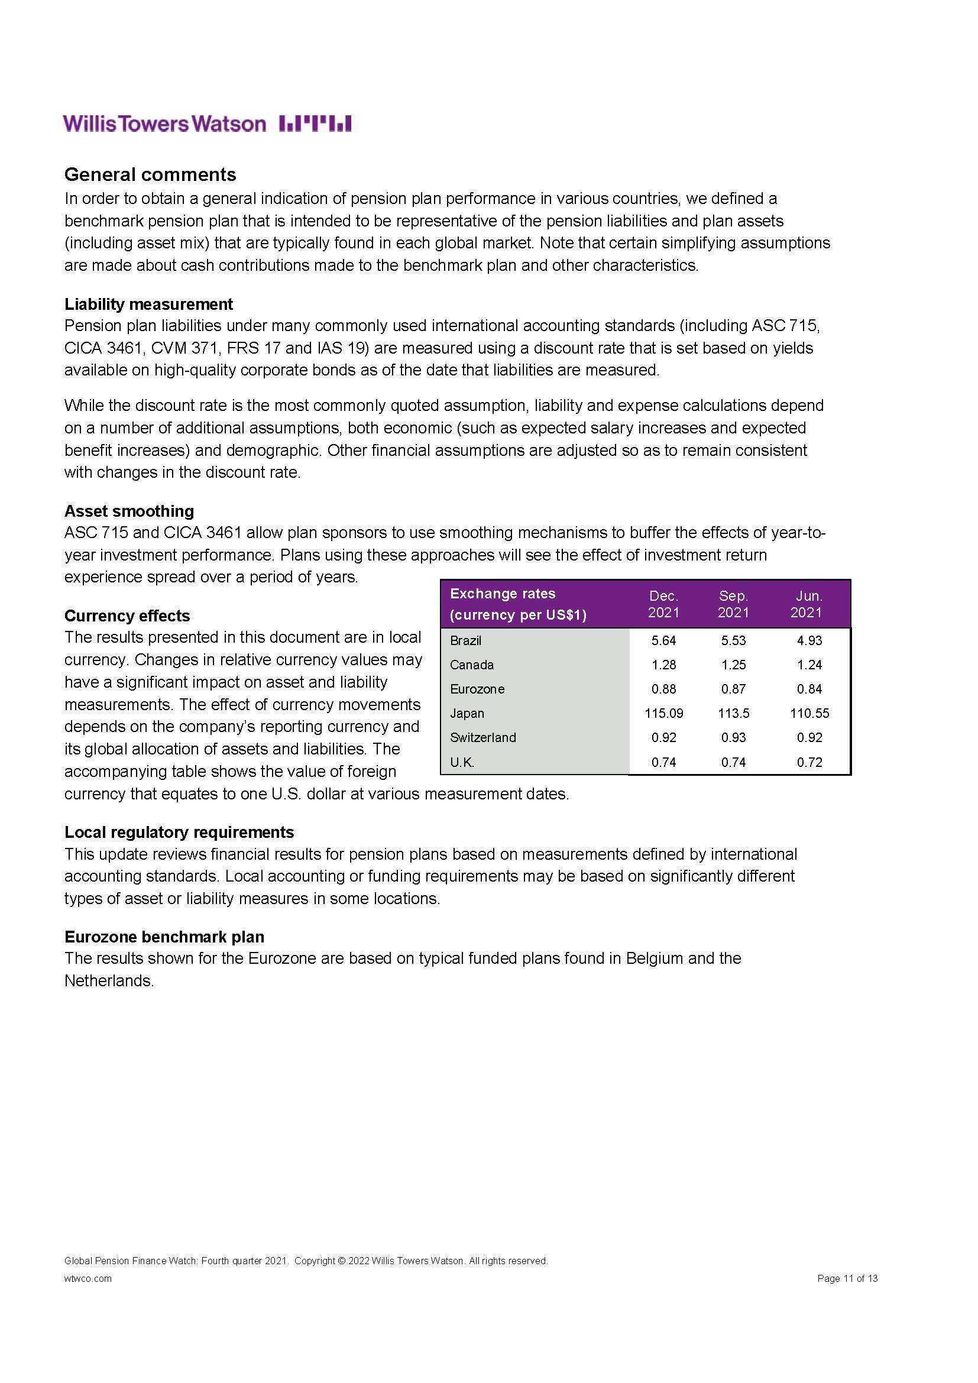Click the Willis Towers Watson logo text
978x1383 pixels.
click(x=164, y=124)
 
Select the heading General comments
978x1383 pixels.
click(x=150, y=174)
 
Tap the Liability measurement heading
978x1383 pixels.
click(x=149, y=304)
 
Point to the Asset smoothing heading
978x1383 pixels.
click(x=129, y=511)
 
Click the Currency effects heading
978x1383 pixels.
click(x=127, y=616)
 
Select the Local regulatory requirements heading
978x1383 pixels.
click(x=179, y=832)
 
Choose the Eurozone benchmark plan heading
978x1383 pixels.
click(x=164, y=937)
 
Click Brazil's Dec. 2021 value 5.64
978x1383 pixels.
click(x=663, y=640)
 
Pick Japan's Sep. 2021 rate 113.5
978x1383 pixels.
click(x=733, y=713)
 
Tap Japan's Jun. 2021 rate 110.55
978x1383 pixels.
click(x=809, y=713)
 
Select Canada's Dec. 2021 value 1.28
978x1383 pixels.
click(x=663, y=665)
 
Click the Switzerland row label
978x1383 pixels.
click(x=483, y=737)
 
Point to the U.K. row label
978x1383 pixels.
click(x=462, y=762)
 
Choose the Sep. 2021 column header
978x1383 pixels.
click(x=733, y=604)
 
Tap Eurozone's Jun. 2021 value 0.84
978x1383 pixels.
click(x=809, y=688)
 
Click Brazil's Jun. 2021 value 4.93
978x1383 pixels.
click(x=809, y=640)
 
